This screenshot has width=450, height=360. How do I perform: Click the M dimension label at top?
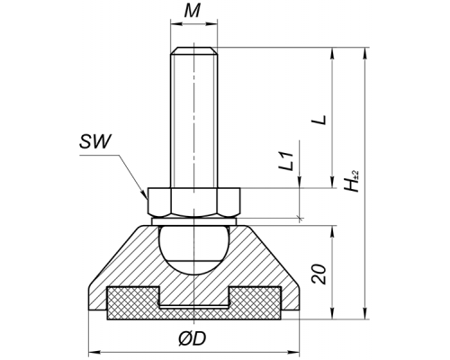pos(192,12)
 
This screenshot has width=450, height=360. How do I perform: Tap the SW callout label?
pos(95,141)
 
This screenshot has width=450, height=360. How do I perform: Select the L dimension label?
pos(319,120)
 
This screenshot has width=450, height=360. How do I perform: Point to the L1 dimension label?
pos(287,162)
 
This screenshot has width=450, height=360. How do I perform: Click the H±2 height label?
pos(351,181)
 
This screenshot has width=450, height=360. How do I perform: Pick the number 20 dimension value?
pos(319,274)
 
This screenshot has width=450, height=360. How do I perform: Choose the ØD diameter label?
pos(193,339)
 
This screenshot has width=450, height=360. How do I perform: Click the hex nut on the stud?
pos(193,202)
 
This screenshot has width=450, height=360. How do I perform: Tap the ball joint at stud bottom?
pos(193,249)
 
